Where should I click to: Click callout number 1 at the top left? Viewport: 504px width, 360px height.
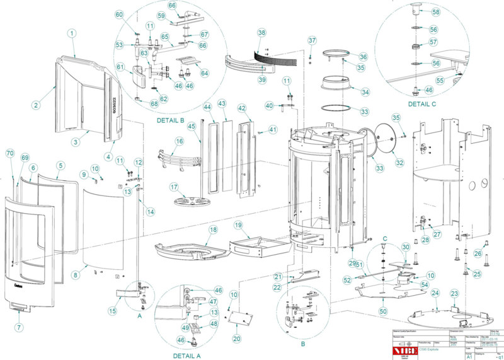[x=72, y=33]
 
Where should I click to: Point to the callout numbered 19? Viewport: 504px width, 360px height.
[x=238, y=225]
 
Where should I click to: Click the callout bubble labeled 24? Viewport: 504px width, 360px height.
[x=435, y=293]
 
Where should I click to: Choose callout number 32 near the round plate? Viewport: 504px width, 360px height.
[x=399, y=161]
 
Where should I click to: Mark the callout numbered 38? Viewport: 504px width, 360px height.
[x=261, y=32]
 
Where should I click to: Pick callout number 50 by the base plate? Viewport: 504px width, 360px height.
[x=382, y=311]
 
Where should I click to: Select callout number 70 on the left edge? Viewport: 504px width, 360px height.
[x=9, y=154]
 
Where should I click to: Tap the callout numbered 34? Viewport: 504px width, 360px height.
[x=365, y=92]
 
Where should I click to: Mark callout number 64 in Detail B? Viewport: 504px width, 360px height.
[x=204, y=73]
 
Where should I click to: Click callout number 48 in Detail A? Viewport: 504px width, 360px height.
[x=214, y=324]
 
